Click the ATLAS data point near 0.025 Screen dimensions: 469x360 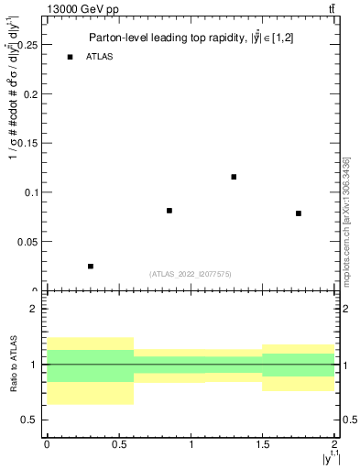click(90, 266)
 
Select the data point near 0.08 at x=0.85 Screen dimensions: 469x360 click(169, 211)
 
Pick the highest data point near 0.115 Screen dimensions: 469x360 click(234, 177)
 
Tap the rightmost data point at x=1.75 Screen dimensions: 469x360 click(299, 213)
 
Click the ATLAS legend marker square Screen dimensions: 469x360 click(70, 57)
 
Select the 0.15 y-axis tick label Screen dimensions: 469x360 click(28, 143)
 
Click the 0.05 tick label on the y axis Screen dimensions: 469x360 click(28, 242)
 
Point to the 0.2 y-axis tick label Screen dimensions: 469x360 click(31, 93)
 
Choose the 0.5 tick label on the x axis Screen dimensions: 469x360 click(118, 444)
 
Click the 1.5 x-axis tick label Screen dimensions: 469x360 click(263, 444)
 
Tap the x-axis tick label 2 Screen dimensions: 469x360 click(335, 444)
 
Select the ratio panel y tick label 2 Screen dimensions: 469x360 click(35, 309)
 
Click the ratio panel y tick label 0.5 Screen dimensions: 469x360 click(31, 420)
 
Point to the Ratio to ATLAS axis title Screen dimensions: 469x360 click(14, 364)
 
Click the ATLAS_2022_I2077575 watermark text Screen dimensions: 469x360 click(191, 273)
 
